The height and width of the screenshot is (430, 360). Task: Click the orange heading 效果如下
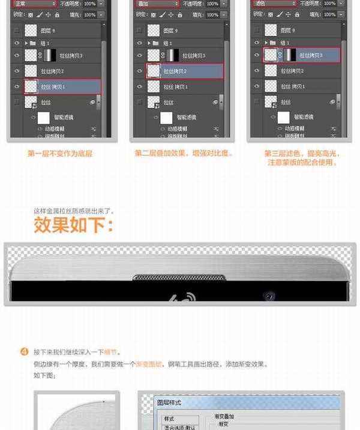point(73,226)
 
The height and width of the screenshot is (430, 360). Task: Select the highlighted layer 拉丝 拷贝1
point(62,87)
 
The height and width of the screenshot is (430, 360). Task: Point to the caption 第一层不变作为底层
point(59,154)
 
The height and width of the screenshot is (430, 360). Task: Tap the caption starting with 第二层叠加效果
point(184,154)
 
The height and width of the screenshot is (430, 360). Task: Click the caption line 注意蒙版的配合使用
point(302,162)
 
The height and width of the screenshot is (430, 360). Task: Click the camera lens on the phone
point(268,296)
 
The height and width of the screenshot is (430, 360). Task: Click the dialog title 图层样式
point(169,402)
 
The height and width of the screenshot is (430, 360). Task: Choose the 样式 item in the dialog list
point(170,418)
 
